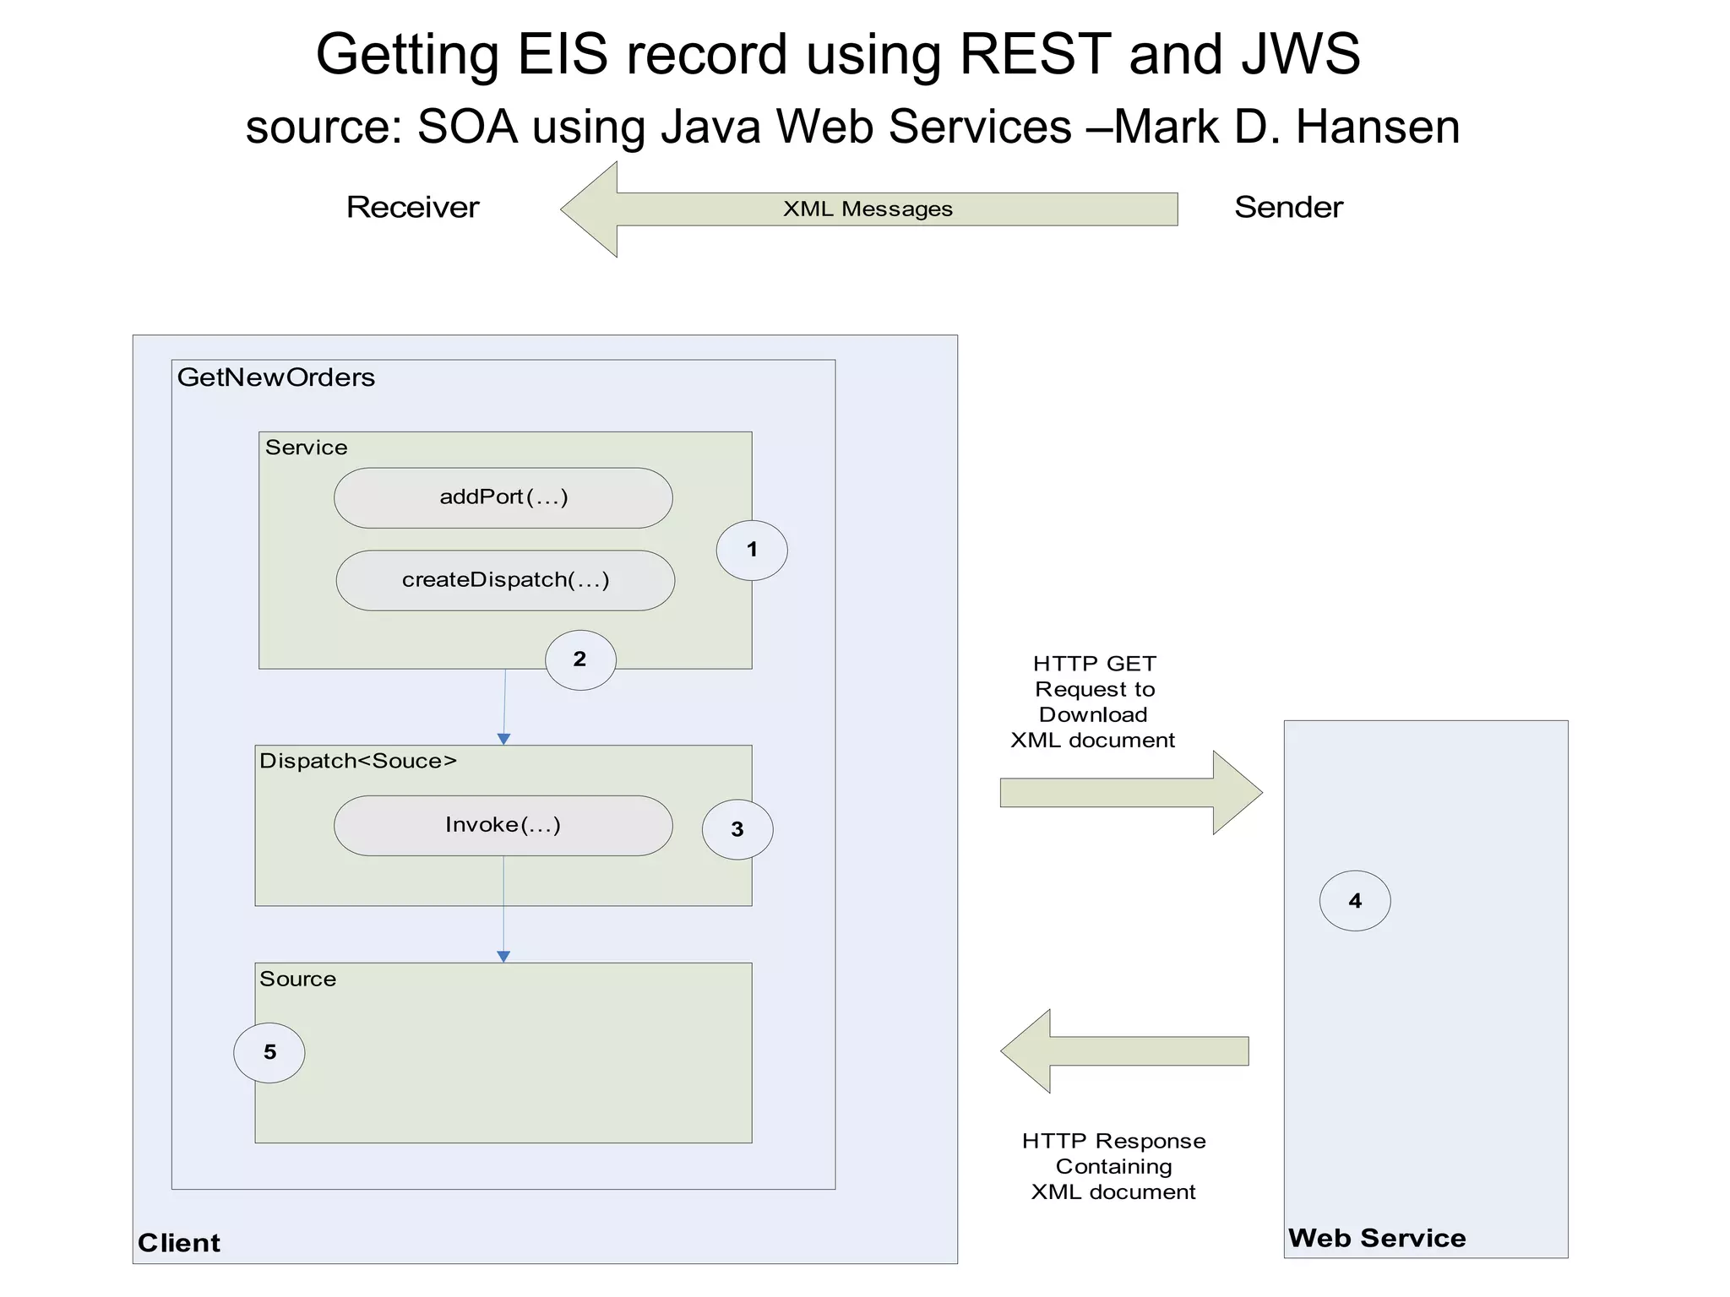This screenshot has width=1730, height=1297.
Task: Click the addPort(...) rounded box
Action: [503, 498]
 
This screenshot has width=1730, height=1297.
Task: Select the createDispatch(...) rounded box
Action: [505, 581]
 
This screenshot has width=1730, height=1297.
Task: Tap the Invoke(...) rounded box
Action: [503, 826]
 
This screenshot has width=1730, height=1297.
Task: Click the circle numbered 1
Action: [752, 551]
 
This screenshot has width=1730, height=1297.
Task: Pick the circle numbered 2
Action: [580, 660]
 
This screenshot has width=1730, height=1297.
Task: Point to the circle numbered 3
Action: [737, 830]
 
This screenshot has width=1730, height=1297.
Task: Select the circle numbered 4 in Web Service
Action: [1355, 901]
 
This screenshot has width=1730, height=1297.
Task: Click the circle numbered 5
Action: [269, 1053]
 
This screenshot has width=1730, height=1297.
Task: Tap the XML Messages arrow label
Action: [868, 209]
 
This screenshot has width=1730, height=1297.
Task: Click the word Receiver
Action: [412, 208]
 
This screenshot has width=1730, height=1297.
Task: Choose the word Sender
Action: [1288, 208]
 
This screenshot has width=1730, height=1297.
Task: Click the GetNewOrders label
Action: [276, 377]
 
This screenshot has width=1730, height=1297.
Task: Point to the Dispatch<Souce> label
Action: [358, 762]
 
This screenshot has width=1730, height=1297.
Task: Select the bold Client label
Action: [179, 1243]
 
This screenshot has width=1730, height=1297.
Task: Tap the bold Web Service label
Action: [1377, 1239]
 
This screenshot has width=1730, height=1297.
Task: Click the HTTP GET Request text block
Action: [1093, 702]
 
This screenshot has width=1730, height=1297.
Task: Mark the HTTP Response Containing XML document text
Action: [1113, 1166]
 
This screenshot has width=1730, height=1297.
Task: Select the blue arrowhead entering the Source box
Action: [503, 957]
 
